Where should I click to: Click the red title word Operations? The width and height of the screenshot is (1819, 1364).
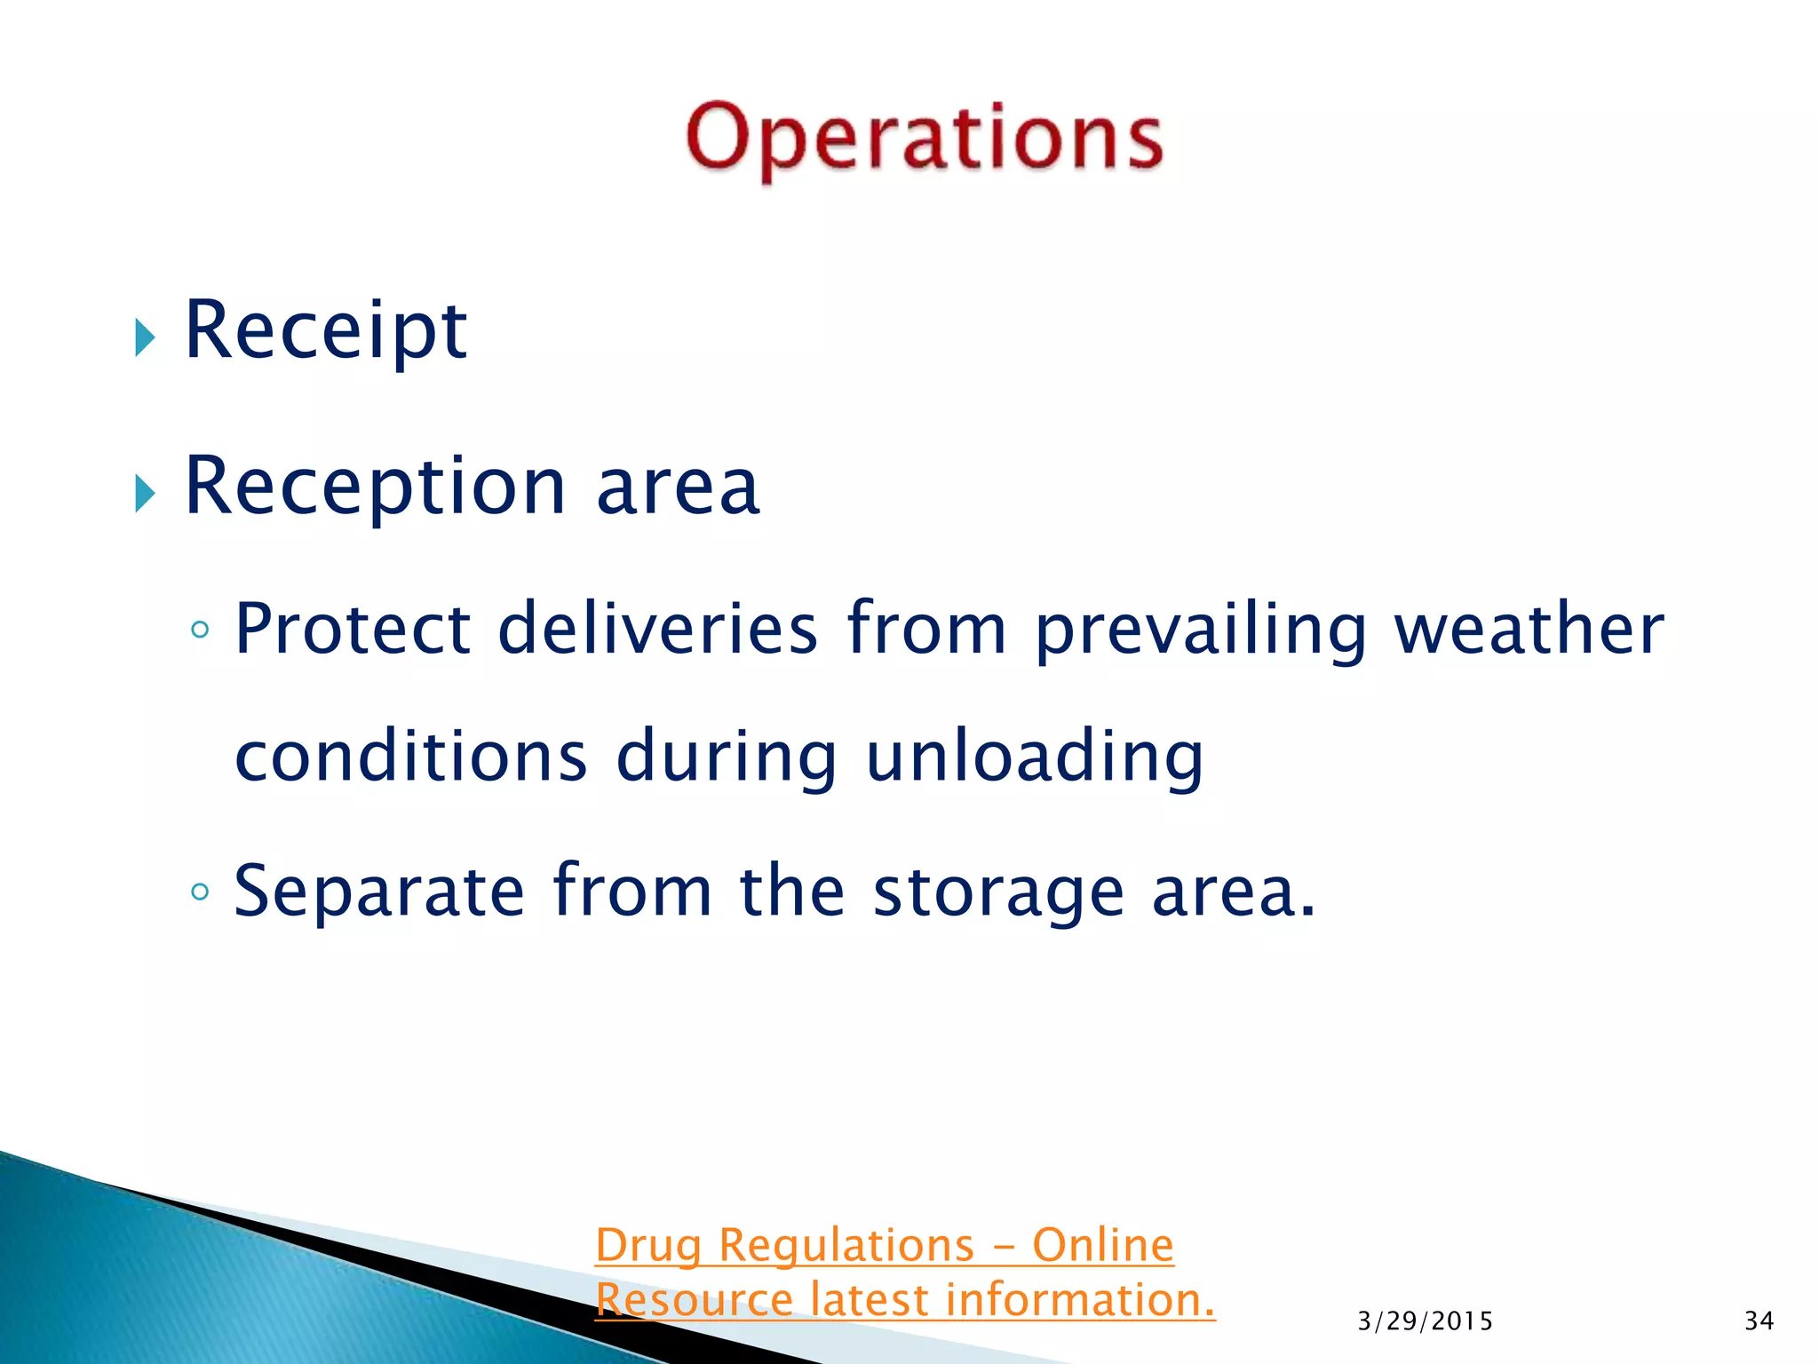coord(924,138)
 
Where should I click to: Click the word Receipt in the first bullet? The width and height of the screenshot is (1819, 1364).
coord(325,331)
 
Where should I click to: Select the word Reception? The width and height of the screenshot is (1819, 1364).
coord(375,488)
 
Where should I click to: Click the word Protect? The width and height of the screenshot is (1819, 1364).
coord(352,629)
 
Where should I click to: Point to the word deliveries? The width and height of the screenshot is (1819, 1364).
coord(656,629)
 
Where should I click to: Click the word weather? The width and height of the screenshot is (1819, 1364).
coord(1528,629)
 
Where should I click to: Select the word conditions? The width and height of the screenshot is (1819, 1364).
coord(410,756)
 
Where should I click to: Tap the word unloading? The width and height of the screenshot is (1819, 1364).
coord(1034,757)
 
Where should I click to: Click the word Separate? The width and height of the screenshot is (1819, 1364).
coord(378,892)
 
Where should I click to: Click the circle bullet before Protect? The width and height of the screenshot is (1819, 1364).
coord(200,630)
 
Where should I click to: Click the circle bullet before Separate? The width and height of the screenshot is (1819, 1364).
coord(200,891)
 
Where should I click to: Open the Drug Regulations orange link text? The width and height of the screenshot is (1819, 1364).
coord(884,1245)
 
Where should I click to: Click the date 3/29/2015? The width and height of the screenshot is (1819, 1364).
coord(1425,1321)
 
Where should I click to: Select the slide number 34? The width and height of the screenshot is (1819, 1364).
coord(1759,1321)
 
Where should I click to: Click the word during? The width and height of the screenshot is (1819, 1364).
coord(726,757)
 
